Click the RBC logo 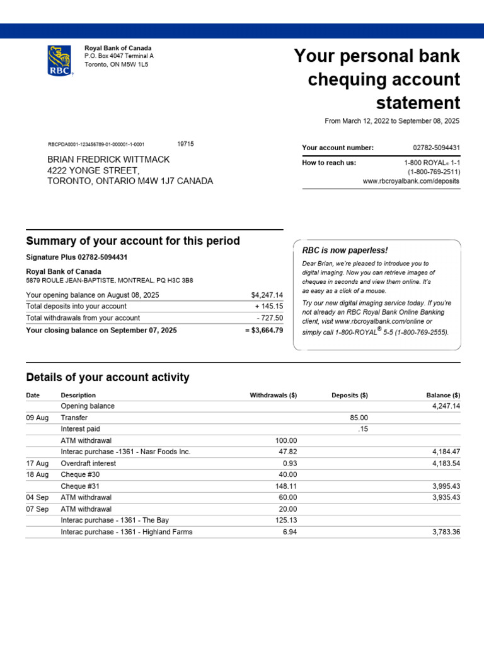point(60,61)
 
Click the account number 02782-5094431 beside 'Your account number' point(436,148)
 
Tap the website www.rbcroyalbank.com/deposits point(411,181)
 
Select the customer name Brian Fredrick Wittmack point(108,160)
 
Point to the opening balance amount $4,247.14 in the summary point(267,295)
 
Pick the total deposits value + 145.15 point(269,307)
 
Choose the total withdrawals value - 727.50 point(270,318)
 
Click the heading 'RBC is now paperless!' point(345,250)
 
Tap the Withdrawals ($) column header point(273,396)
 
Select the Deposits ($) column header point(349,396)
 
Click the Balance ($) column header point(443,396)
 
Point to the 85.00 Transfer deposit point(359,418)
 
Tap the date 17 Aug point(37,463)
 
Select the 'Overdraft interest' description point(88,463)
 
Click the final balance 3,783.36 point(445,532)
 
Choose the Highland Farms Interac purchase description point(127,532)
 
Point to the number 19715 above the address point(185,144)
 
